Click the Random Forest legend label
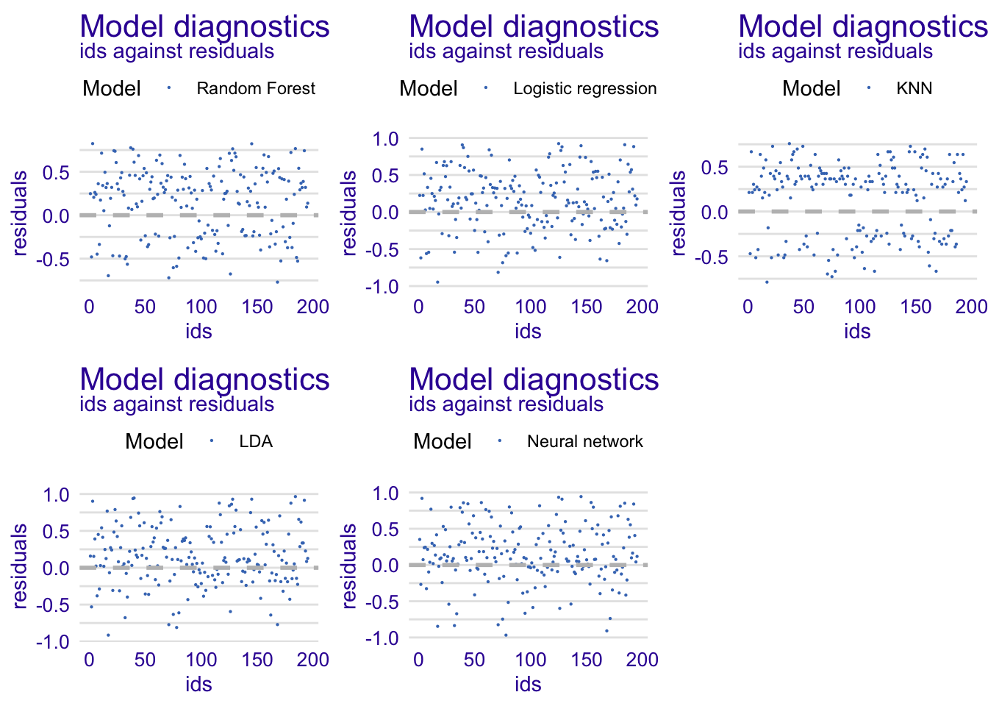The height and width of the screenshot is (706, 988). [255, 89]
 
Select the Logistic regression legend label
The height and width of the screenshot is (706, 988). [584, 89]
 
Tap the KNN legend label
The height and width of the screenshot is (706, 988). [914, 89]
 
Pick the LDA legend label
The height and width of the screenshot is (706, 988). [256, 442]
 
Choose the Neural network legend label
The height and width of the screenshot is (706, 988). [584, 442]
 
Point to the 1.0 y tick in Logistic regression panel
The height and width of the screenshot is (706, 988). [384, 139]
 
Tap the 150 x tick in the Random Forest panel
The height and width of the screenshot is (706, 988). [257, 307]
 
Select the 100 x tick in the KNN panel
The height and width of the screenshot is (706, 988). [859, 307]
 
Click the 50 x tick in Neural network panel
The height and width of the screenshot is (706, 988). [474, 660]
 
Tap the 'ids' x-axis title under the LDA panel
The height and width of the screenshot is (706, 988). [198, 684]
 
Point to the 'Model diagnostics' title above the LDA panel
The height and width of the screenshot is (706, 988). [204, 379]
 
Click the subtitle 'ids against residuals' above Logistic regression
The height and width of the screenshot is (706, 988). [506, 51]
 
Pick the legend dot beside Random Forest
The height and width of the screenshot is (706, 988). [169, 88]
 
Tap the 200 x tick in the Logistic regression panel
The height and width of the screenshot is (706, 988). [642, 307]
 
